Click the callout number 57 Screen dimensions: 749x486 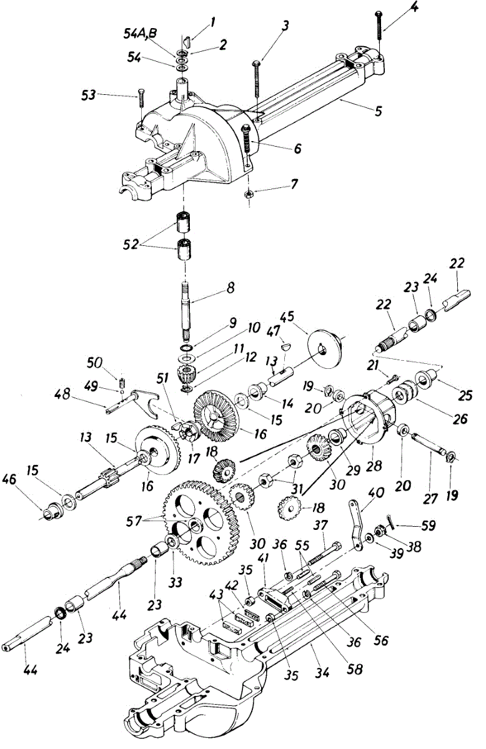pyautogui.click(x=143, y=517)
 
